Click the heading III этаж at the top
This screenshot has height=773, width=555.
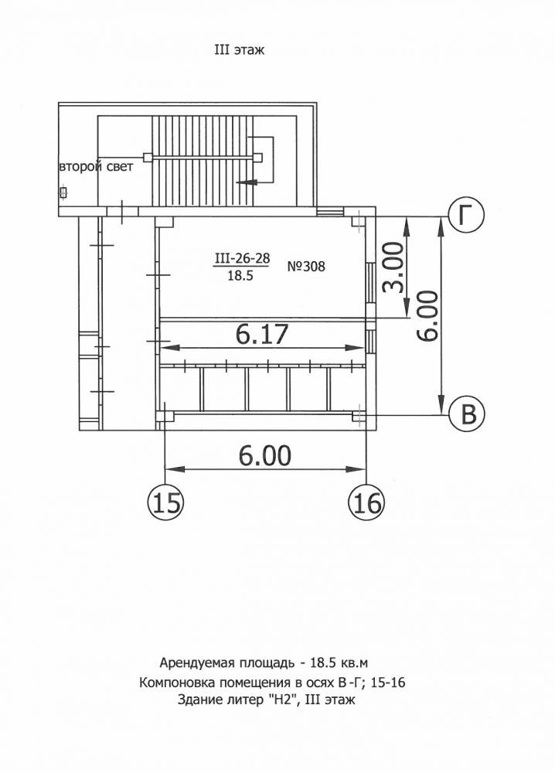[x=239, y=49]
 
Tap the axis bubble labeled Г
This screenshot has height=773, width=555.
[x=466, y=215]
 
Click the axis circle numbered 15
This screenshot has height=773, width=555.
[x=165, y=503]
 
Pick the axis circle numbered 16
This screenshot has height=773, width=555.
[x=366, y=503]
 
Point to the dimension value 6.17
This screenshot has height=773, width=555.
[x=261, y=334]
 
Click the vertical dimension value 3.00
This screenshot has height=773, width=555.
[x=393, y=267]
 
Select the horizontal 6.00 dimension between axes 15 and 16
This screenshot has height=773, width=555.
[x=264, y=456]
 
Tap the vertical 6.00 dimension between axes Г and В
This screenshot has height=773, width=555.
[x=427, y=316]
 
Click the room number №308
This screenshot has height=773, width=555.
[x=306, y=267]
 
